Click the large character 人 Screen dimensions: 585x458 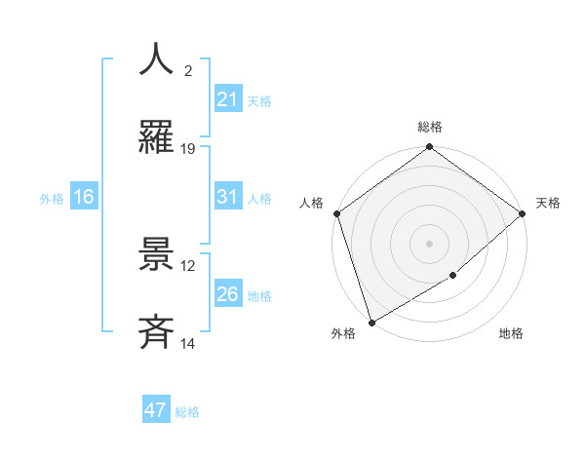157,60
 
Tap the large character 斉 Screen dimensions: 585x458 157,332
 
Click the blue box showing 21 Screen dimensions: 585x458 227,99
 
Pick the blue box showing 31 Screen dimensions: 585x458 227,197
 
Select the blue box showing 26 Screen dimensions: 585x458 227,294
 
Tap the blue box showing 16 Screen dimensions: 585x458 84,197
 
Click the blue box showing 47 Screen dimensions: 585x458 156,410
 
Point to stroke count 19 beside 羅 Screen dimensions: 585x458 188,149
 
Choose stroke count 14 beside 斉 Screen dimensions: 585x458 188,344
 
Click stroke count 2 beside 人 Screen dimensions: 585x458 188,71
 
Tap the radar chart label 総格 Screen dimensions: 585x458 430,127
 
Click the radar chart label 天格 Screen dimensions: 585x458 548,203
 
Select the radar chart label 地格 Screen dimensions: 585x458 511,333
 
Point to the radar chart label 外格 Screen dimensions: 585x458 343,333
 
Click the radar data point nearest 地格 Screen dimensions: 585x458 453,276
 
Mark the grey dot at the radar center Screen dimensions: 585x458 429,243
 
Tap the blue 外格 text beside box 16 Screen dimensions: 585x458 52,198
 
